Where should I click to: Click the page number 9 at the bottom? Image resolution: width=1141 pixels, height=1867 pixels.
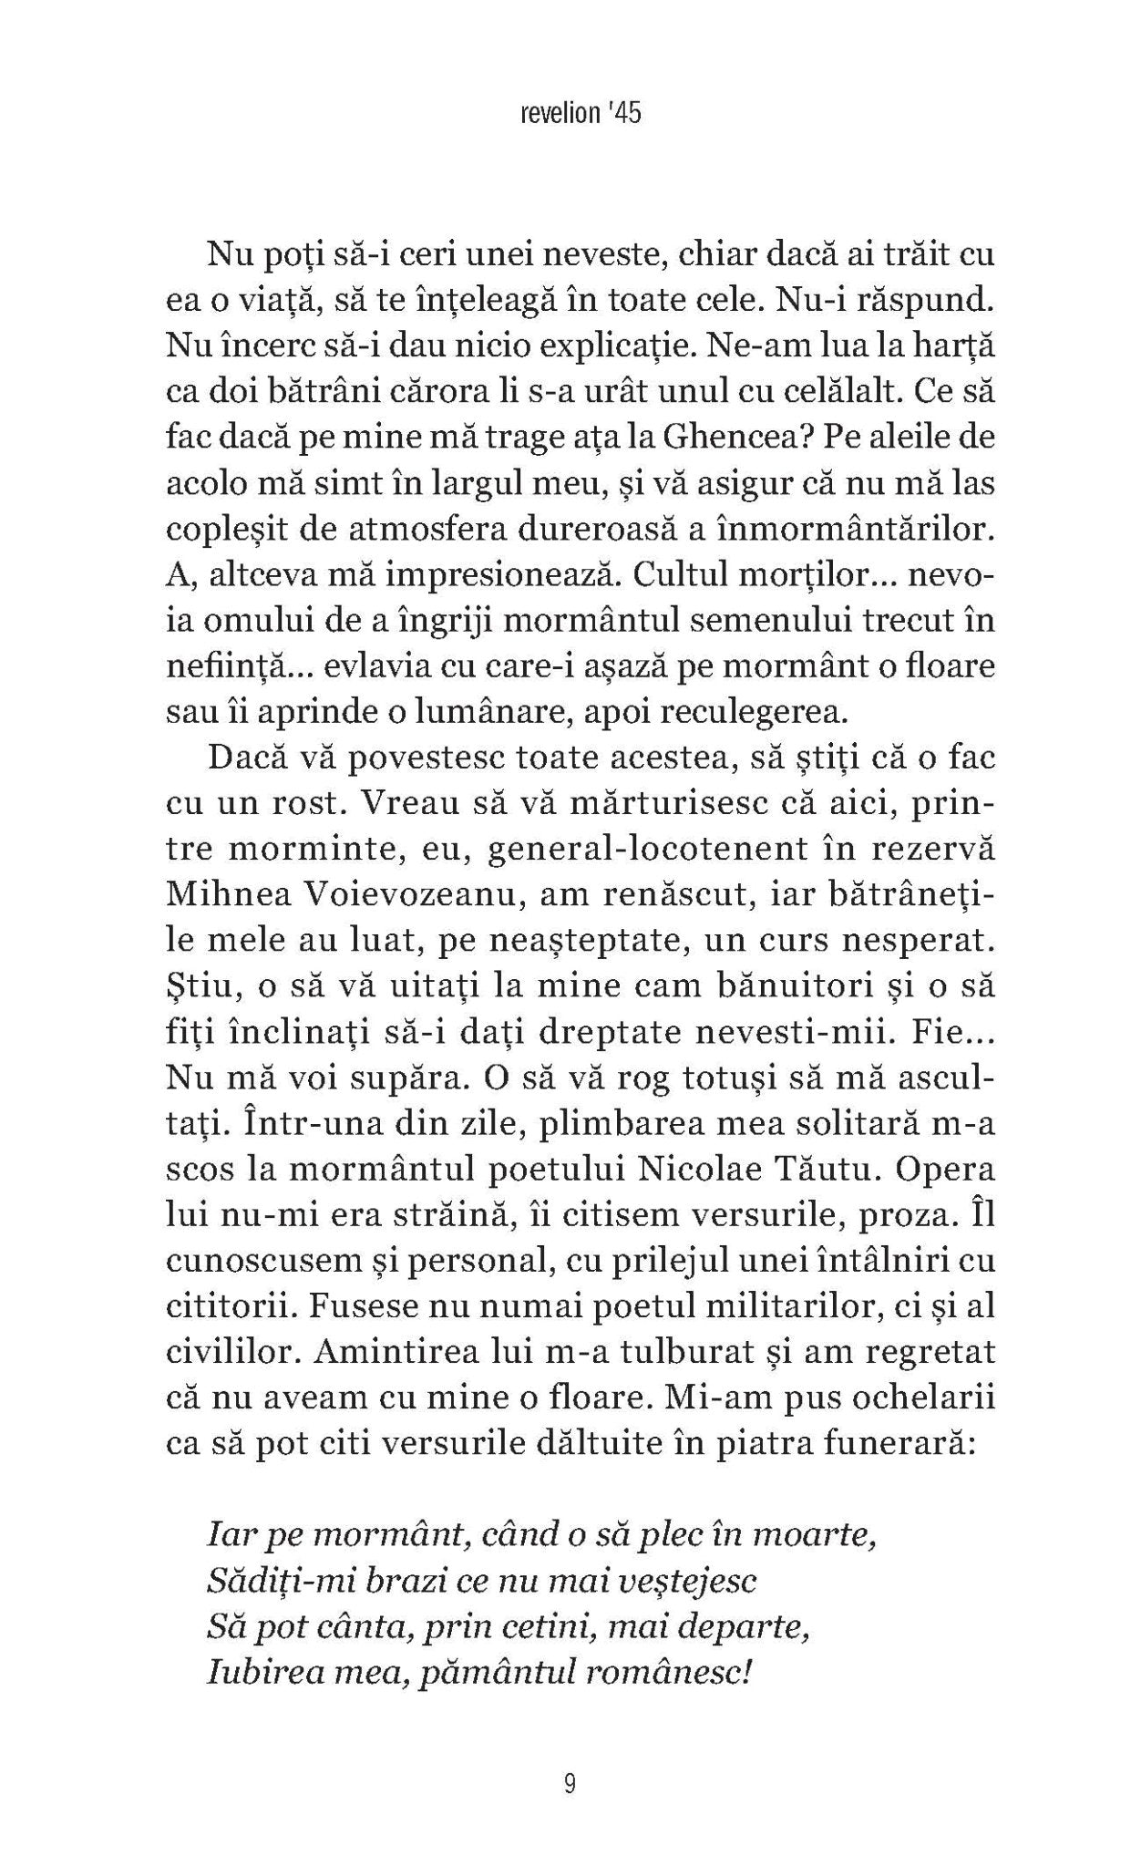click(x=570, y=1783)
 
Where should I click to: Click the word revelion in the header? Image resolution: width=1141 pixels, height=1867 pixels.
click(x=546, y=115)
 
